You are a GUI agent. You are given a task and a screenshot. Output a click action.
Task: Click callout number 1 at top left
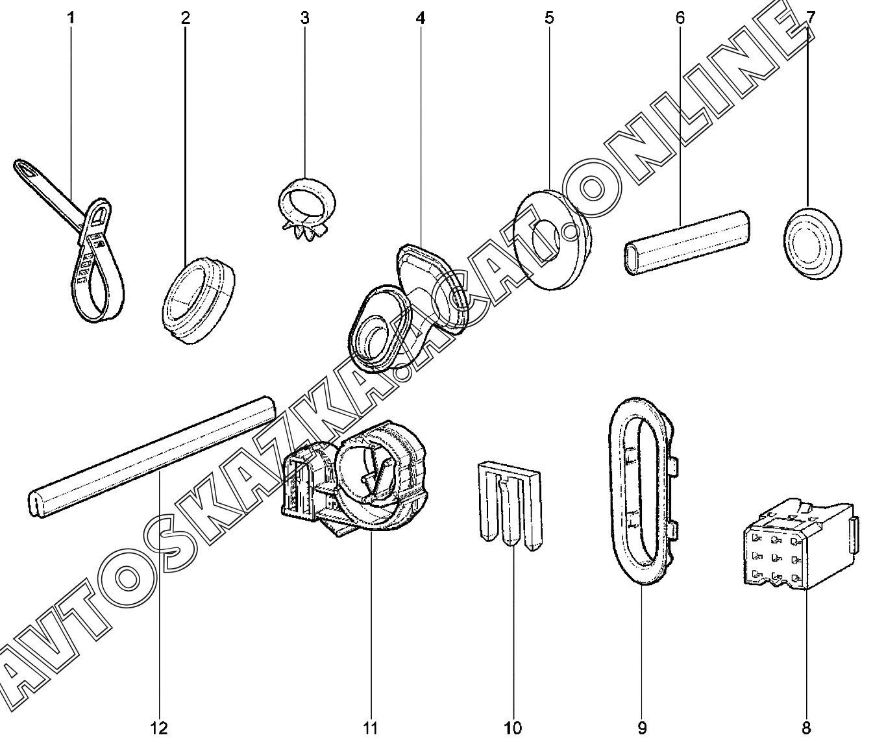tap(71, 18)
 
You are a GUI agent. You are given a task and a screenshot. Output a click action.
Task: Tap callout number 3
tap(304, 18)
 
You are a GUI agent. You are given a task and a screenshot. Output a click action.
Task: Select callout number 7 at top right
tap(810, 18)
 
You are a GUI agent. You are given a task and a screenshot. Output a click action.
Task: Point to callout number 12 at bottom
tap(159, 728)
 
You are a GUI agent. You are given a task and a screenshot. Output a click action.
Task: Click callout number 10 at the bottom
tap(512, 728)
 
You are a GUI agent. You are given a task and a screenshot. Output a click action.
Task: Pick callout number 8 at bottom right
tap(806, 728)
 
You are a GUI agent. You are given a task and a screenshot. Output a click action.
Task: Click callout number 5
tap(550, 18)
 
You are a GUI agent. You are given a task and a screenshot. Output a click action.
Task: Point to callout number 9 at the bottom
tap(642, 728)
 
